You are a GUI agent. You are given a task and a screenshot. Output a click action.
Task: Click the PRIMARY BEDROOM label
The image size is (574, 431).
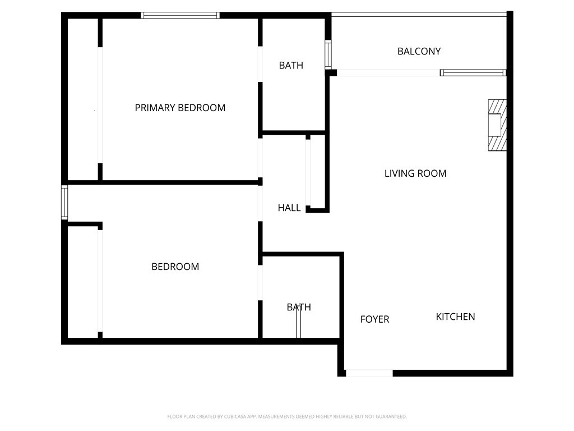180,108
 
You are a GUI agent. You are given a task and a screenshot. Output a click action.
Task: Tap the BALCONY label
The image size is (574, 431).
419,51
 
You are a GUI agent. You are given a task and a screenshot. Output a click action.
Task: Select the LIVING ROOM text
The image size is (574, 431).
415,173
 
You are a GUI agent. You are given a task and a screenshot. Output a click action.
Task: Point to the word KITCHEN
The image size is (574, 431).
455,317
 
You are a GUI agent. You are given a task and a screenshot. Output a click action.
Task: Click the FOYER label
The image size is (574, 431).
374,319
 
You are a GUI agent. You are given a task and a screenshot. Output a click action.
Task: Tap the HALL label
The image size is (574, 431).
289,208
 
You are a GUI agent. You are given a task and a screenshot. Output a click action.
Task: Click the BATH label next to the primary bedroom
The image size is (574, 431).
291,65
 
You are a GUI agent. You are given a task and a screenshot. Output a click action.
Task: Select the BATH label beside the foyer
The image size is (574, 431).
299,307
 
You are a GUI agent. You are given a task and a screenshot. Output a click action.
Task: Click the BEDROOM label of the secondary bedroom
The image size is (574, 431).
175,267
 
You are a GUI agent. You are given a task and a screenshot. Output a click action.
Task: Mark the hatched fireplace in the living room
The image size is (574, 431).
497,125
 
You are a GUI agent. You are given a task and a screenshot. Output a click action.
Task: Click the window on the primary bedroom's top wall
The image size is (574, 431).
180,15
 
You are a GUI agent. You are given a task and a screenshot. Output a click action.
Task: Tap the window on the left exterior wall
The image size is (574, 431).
64,203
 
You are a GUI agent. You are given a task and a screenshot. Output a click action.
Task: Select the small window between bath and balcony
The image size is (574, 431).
328,54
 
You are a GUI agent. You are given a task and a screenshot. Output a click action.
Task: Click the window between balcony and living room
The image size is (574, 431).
473,72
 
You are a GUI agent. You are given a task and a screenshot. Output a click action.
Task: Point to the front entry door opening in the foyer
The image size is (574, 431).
369,373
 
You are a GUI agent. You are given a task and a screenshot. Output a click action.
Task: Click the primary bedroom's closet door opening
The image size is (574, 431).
100,105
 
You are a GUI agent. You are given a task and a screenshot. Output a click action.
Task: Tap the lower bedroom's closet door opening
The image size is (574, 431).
100,281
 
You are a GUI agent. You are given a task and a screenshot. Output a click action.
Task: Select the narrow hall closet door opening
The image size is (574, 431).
308,173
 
